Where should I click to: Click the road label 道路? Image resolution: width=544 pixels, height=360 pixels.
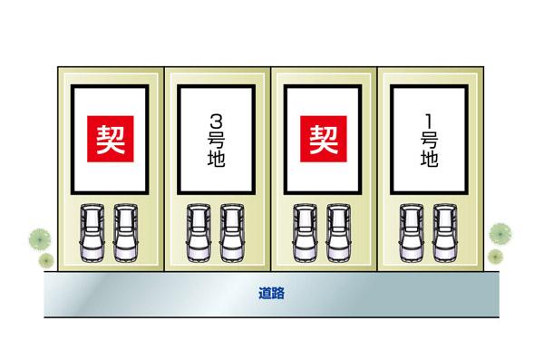coord(271,294)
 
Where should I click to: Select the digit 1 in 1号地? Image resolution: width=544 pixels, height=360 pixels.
coord(430,119)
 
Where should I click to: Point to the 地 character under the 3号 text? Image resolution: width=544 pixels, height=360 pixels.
coord(216,161)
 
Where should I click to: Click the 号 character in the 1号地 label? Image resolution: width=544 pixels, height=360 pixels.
coord(430,140)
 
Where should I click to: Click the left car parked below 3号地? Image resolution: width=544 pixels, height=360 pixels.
coord(199,234)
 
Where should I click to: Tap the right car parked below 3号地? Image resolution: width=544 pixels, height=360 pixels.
coord(232,234)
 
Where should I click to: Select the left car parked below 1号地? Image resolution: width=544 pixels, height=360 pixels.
coord(412,234)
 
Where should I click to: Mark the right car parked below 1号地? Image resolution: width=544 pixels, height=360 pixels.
coord(444,234)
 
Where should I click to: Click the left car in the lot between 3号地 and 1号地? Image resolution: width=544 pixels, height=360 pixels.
coord(305,234)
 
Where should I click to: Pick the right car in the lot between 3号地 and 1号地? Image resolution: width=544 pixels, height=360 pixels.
coord(338,234)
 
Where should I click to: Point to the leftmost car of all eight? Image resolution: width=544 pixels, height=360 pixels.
coord(92,234)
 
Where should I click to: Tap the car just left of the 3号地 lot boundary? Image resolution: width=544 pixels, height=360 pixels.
coord(125,234)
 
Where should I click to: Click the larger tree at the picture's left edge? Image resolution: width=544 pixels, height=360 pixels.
coord(37,239)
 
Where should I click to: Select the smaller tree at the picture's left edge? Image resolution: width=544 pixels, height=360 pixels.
coord(45,260)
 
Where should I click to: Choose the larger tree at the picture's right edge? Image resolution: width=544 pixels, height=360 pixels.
coord(500,232)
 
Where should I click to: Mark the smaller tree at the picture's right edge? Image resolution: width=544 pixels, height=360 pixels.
coord(495,258)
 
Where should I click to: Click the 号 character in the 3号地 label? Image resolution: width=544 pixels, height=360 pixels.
coord(216,141)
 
